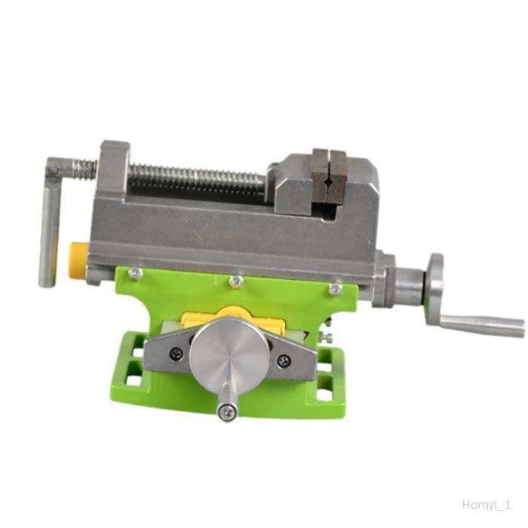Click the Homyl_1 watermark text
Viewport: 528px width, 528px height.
point(487,505)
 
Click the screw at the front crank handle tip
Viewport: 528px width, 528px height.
point(226,412)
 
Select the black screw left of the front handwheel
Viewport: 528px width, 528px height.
point(176,353)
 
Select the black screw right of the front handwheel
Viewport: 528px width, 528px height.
point(283,361)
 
